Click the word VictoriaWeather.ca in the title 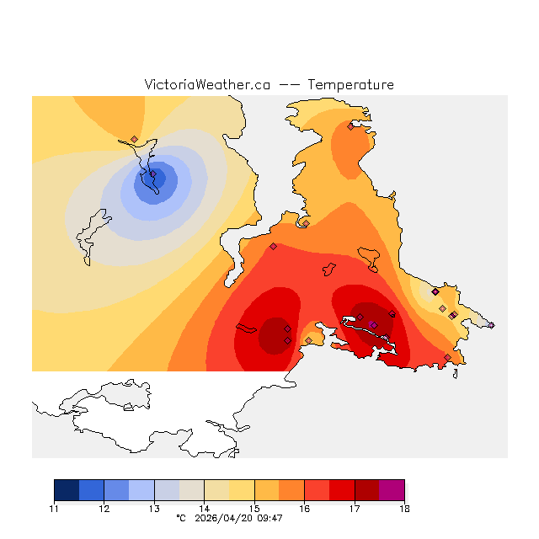coord(207,85)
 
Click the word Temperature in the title coord(350,85)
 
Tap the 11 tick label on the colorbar coord(54,509)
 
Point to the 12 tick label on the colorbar coord(104,509)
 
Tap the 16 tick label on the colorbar coord(304,509)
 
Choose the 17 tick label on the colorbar coord(355,509)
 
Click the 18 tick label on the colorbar coord(404,509)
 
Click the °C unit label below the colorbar coord(179,518)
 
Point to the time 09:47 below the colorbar coord(270,518)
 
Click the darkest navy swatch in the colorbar coord(67,490)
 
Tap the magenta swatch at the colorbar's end coord(392,490)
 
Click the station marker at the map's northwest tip coord(134,140)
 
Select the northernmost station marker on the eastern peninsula coord(350,127)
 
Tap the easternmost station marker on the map coord(491,325)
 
